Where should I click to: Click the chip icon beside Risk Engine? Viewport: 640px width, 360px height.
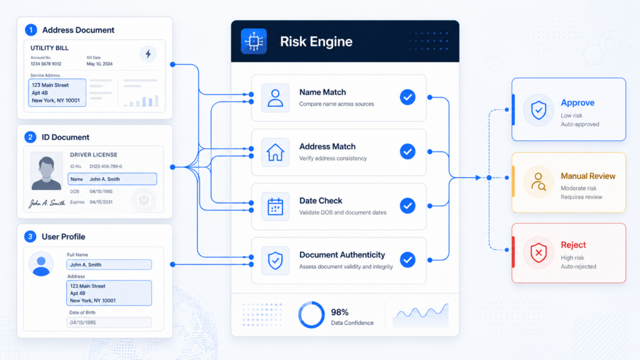click(254, 41)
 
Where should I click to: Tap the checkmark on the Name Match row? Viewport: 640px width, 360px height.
click(407, 97)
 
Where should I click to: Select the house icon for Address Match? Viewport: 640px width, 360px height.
click(275, 152)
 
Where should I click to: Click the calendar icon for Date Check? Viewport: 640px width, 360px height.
click(275, 206)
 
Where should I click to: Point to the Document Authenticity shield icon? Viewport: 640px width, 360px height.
click(275, 261)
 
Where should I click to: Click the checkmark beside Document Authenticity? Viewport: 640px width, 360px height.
click(407, 259)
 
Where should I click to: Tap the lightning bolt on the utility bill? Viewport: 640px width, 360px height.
click(148, 54)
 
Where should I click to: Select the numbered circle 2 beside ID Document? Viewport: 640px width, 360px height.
click(30, 137)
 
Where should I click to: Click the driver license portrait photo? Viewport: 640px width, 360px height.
click(46, 171)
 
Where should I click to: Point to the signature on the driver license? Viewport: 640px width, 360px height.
click(46, 203)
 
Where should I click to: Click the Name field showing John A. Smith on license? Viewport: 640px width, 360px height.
click(112, 179)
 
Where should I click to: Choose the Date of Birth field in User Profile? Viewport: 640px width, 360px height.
click(109, 322)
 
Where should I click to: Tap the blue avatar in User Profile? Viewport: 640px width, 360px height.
click(41, 264)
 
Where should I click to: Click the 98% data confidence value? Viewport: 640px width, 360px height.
click(339, 312)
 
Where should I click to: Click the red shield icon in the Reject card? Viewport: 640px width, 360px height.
click(539, 252)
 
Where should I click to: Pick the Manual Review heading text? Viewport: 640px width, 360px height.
click(587, 176)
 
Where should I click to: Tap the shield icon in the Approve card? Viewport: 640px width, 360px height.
click(539, 110)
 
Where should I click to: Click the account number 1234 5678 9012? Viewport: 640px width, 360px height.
click(46, 64)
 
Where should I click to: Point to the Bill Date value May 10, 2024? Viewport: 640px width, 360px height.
click(99, 64)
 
